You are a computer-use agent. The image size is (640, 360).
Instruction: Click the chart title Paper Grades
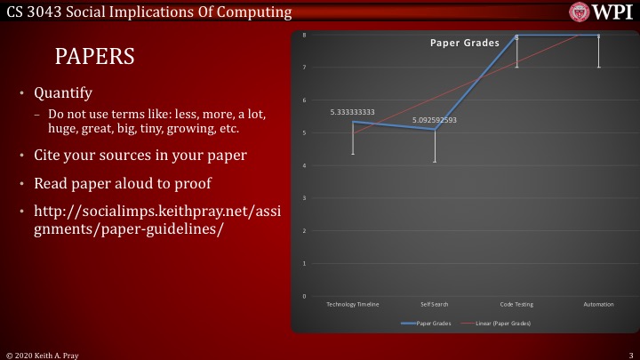[464, 43]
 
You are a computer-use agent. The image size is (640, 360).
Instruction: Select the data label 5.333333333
[352, 113]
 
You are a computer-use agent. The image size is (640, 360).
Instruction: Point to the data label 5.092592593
[434, 120]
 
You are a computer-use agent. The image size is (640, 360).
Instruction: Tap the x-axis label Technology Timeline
[353, 304]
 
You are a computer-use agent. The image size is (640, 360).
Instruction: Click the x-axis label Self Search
[435, 304]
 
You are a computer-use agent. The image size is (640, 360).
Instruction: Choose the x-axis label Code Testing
[516, 304]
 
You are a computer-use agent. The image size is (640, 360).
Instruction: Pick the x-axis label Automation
[598, 304]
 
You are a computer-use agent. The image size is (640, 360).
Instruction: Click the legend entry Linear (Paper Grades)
[503, 324]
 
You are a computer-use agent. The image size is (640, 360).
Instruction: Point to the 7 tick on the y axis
[306, 68]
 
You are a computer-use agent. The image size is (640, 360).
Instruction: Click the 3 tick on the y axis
[306, 198]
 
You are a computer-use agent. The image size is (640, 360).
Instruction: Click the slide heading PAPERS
[94, 57]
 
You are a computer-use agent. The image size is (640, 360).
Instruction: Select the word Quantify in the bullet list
[62, 92]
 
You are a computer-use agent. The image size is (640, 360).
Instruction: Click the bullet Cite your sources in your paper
[140, 156]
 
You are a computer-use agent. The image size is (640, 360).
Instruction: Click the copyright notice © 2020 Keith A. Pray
[41, 354]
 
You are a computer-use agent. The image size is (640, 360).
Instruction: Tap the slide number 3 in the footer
[629, 354]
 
